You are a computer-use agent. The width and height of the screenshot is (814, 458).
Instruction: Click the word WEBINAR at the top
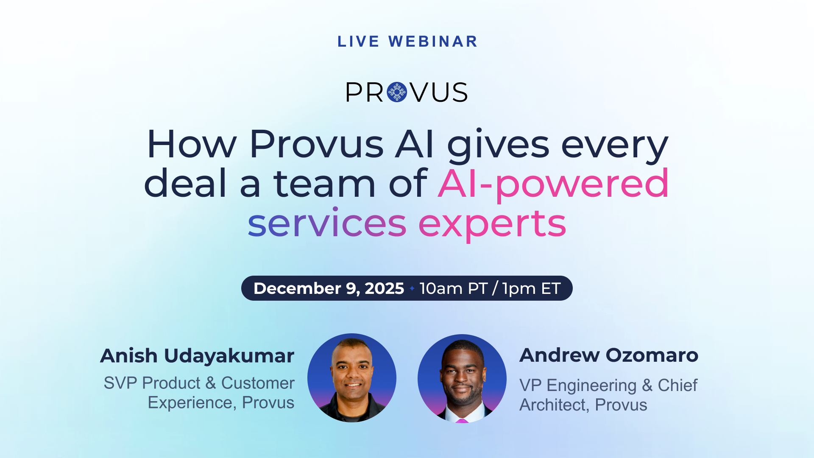[433, 42]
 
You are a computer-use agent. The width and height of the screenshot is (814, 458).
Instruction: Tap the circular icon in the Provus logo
[397, 92]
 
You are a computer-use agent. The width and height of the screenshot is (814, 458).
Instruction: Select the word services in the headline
[327, 223]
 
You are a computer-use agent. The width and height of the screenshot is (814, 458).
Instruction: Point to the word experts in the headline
[492, 225]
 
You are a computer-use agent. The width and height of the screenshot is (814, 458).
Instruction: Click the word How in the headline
[192, 144]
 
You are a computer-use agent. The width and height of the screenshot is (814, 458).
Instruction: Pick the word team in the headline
[325, 184]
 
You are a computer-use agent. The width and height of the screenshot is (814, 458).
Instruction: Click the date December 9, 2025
[329, 288]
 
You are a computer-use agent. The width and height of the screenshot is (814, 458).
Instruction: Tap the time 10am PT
[453, 288]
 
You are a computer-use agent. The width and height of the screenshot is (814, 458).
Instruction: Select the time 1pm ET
[531, 288]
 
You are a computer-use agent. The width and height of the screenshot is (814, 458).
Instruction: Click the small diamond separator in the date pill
[412, 288]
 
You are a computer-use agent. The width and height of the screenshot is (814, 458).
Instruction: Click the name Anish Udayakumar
[197, 356]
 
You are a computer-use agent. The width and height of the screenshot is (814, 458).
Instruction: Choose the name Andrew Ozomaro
[609, 355]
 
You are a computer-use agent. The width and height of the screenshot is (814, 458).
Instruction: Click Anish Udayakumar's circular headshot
[352, 378]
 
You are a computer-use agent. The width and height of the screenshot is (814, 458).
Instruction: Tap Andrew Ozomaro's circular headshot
[462, 378]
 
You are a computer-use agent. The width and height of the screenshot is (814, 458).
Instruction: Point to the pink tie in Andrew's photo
[462, 421]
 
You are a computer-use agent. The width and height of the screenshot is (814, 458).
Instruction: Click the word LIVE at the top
[359, 42]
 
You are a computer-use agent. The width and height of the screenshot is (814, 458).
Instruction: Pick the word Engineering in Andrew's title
[591, 386]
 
